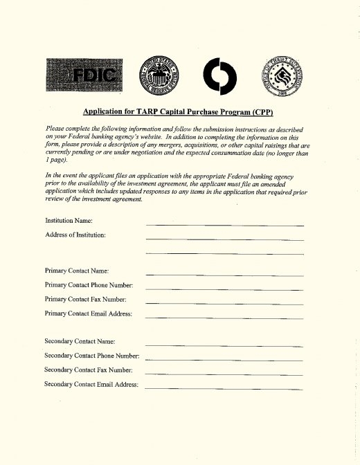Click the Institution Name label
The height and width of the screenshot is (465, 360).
[x=69, y=221]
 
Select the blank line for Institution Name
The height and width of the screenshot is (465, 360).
[x=224, y=226]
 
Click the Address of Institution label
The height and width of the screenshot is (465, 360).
[x=75, y=236]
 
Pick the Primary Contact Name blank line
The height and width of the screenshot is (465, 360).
[x=224, y=275]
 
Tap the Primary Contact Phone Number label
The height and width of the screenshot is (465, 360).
[x=89, y=285]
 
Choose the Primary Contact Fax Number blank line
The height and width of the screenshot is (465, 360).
[x=224, y=303]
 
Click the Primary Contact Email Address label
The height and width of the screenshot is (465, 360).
[x=88, y=313]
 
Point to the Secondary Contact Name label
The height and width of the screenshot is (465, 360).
[x=80, y=342]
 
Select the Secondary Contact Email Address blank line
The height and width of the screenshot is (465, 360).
[x=224, y=388]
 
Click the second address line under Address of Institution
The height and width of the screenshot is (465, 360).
[x=224, y=255]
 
